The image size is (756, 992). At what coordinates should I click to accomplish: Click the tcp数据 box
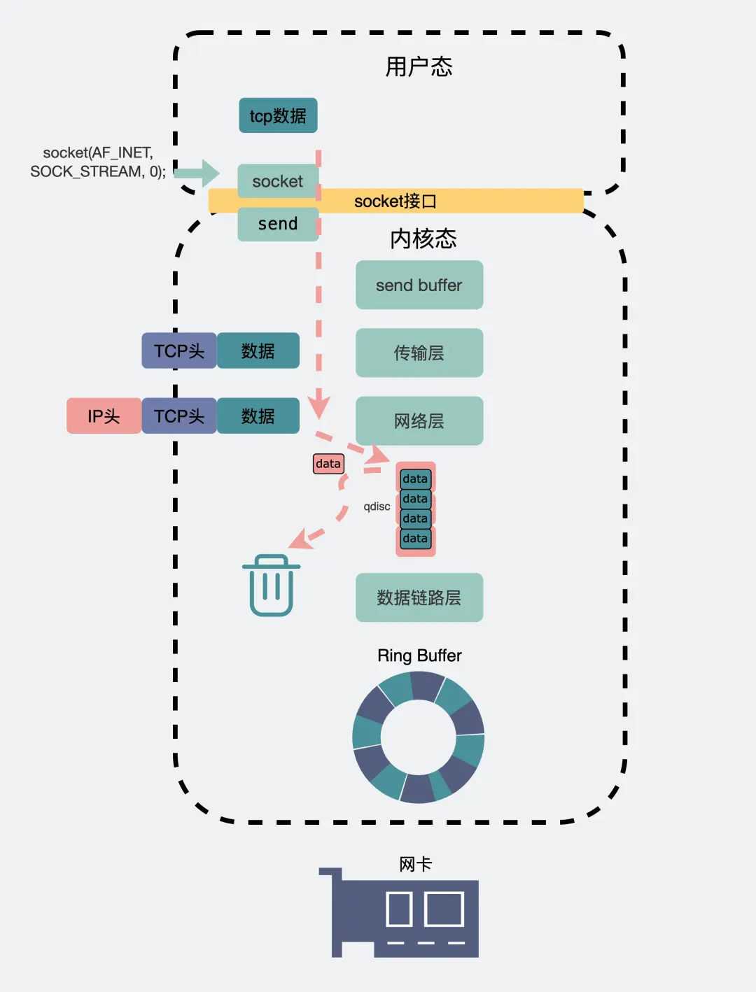pos(278,115)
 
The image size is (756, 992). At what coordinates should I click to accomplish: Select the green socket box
pos(278,181)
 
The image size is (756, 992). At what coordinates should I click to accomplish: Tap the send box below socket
pos(278,224)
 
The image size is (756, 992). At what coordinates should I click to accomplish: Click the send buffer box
pos(419,285)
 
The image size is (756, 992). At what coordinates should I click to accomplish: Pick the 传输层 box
pos(419,353)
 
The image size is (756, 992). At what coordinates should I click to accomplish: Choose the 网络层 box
pos(419,420)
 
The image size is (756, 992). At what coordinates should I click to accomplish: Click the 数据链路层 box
pos(419,597)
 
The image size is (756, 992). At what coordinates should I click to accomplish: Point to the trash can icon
pos(272,586)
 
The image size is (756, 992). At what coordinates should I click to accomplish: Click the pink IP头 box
pos(104,416)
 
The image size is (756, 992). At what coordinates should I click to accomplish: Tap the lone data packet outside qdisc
pos(328,464)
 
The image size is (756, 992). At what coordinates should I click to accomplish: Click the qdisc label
pos(377,506)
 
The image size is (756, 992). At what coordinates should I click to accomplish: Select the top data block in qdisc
pos(415,479)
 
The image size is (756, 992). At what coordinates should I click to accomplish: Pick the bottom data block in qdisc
pos(415,539)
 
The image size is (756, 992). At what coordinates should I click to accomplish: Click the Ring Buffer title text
pos(419,656)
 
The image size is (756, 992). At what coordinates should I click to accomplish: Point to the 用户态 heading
pos(419,67)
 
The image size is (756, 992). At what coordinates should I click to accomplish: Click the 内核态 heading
pos(423,239)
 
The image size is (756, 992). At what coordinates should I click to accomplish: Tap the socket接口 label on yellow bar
pos(395,201)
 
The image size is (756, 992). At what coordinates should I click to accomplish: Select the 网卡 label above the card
pos(415,865)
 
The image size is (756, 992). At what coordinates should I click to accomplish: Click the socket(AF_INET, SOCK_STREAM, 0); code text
pos(98,162)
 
